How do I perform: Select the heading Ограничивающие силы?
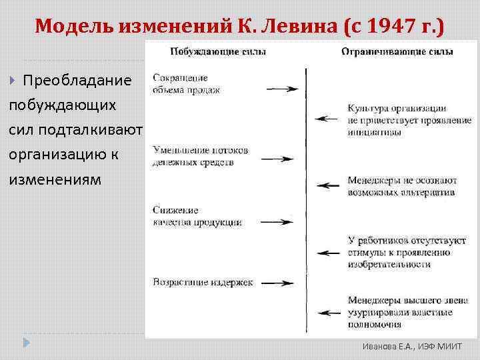(397, 51)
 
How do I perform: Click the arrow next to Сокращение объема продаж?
(281, 89)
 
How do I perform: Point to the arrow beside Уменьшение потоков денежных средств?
(277, 159)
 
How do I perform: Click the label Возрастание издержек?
(203, 283)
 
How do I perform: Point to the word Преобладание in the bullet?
(77, 81)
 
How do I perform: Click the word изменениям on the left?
(55, 180)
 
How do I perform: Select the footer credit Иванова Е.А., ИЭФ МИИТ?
(407, 347)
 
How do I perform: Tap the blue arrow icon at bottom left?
(26, 343)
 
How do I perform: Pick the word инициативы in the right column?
(374, 132)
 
